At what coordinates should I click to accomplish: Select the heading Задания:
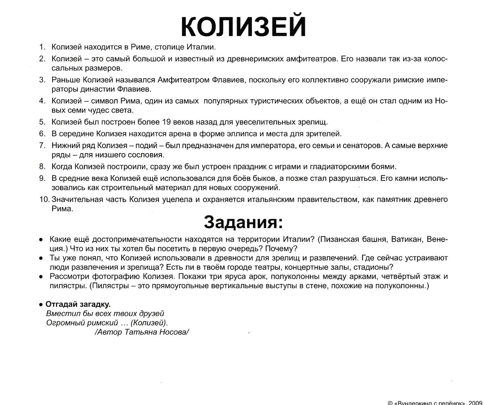coord(243,222)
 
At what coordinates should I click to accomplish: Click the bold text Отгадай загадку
coord(78,304)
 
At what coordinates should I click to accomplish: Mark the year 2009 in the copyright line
coord(475,402)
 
